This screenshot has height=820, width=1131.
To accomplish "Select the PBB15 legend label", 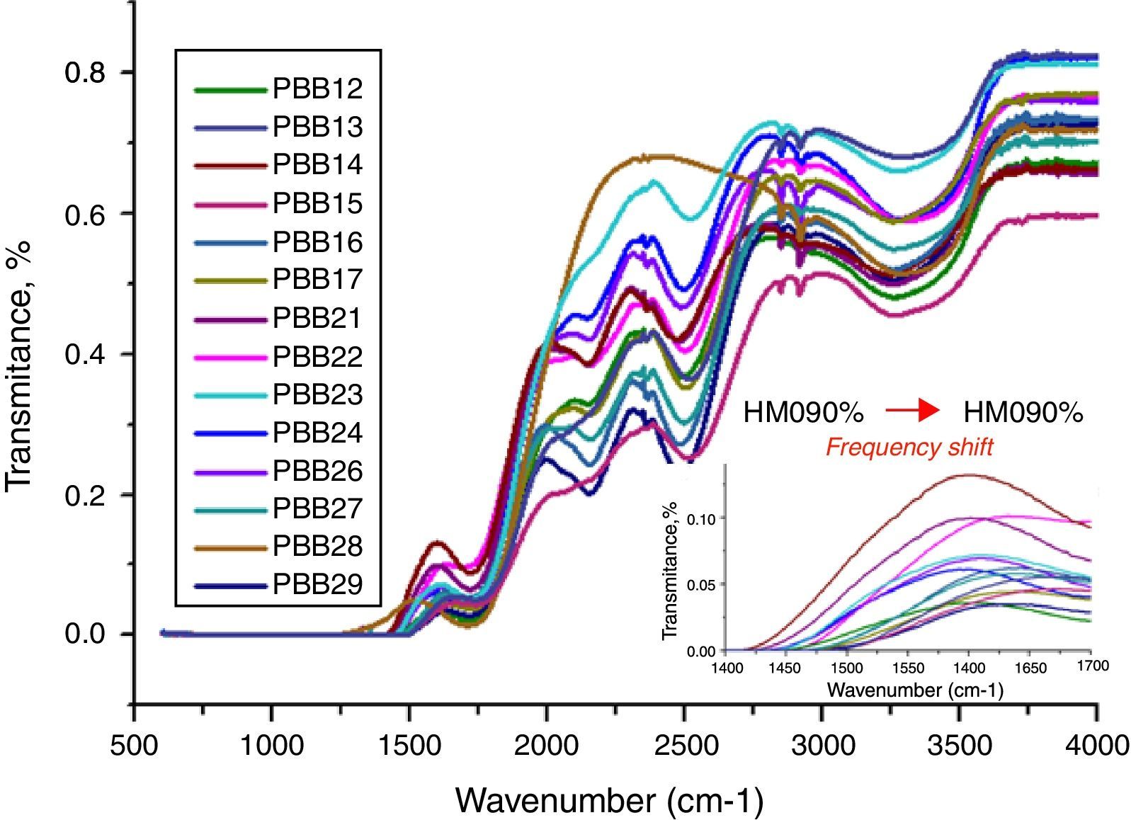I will (x=317, y=203).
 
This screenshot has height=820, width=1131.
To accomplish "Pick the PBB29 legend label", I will (x=317, y=584).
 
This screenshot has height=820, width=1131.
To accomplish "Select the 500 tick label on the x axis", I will (x=134, y=745).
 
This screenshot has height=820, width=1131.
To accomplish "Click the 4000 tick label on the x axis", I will (x=1097, y=745).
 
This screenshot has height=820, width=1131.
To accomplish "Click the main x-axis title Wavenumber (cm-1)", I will (x=609, y=800).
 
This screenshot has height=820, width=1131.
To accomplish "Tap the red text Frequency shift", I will (x=909, y=448).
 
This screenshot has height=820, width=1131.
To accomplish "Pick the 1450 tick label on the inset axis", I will (x=786, y=668).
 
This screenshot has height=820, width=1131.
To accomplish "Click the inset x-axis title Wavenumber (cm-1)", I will (x=914, y=690).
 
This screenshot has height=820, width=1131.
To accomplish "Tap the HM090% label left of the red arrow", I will (x=803, y=412).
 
